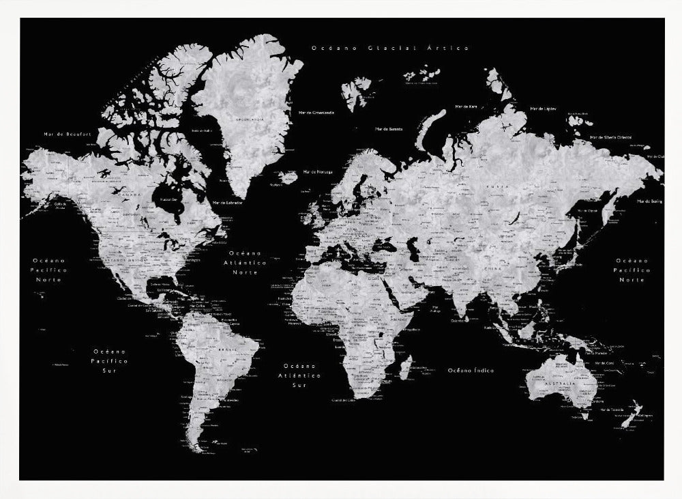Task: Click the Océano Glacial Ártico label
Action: point(390,48)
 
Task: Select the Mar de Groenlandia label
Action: point(316,112)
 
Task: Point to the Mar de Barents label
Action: point(389,128)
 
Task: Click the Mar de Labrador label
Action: point(228,202)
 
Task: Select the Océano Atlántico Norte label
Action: point(244,262)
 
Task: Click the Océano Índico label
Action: point(471,370)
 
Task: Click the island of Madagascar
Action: point(404,369)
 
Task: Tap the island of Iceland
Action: point(288,177)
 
